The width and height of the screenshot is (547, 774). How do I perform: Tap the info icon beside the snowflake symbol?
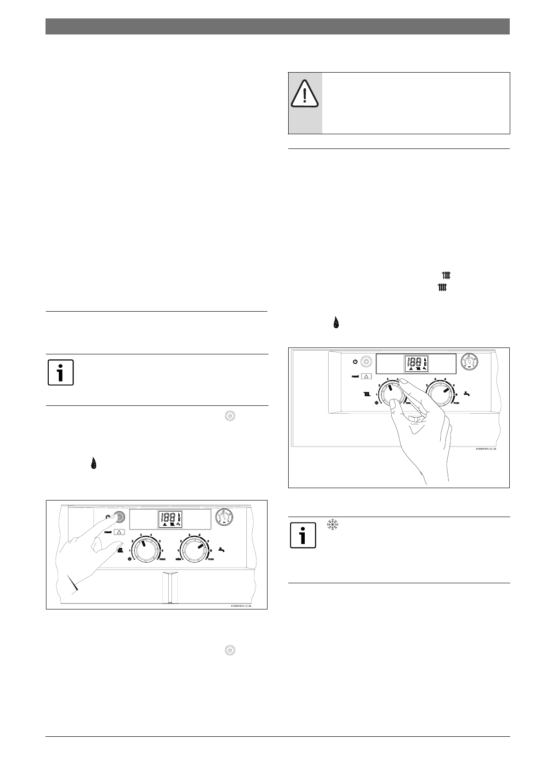pos(303,535)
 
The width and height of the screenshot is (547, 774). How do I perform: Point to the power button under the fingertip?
pos(119,517)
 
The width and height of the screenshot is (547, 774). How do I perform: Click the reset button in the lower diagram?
pos(119,532)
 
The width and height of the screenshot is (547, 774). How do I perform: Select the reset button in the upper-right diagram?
pos(366,376)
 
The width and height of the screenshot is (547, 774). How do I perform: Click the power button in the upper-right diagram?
pos(366,362)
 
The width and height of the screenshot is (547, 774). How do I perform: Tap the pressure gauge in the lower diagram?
pos(224,517)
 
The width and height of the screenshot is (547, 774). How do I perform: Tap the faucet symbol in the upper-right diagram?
pos(468,393)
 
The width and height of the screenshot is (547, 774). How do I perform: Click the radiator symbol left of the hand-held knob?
pos(367,394)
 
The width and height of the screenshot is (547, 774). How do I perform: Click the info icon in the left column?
pos(60,372)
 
